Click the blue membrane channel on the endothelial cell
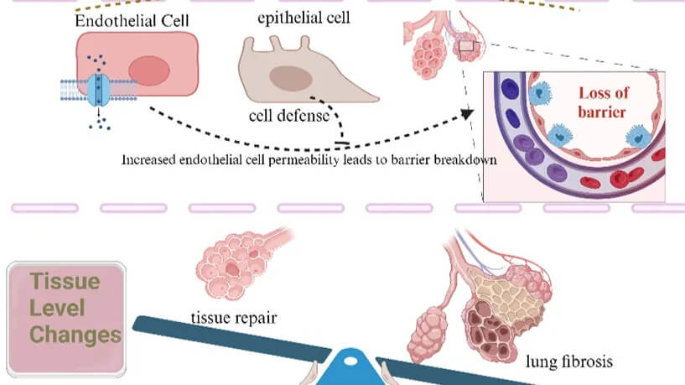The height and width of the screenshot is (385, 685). click(x=100, y=90)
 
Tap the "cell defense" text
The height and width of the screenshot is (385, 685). click(x=288, y=116)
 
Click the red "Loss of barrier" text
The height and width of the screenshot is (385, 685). click(x=603, y=101)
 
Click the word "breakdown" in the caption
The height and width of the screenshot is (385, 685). click(x=458, y=159)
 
